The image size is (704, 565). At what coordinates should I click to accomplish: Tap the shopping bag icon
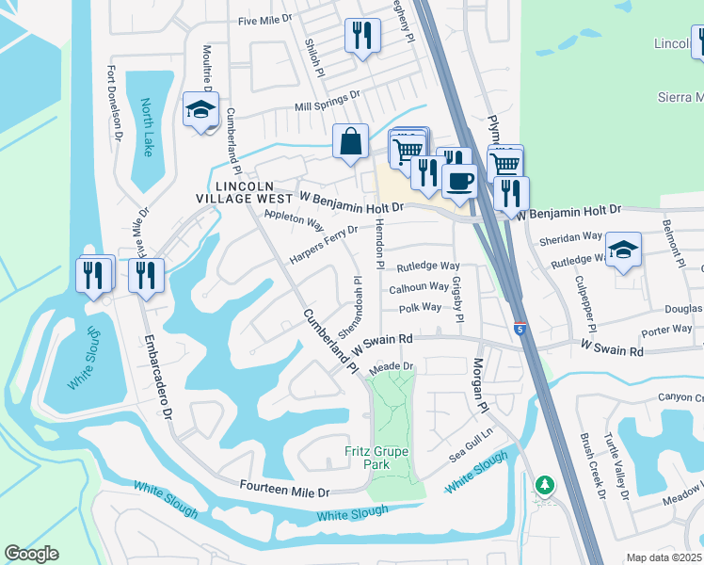click(350, 143)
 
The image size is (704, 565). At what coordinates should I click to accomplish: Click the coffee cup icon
click(459, 180)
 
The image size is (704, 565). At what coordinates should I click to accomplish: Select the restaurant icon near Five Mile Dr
click(361, 37)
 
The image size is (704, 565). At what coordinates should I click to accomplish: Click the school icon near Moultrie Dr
click(200, 110)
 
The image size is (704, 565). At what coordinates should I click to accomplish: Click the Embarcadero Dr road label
click(157, 377)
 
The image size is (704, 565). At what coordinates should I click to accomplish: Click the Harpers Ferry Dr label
click(324, 243)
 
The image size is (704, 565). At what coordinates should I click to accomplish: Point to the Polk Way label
click(420, 308)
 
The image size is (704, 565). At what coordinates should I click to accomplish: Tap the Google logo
click(32, 554)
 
